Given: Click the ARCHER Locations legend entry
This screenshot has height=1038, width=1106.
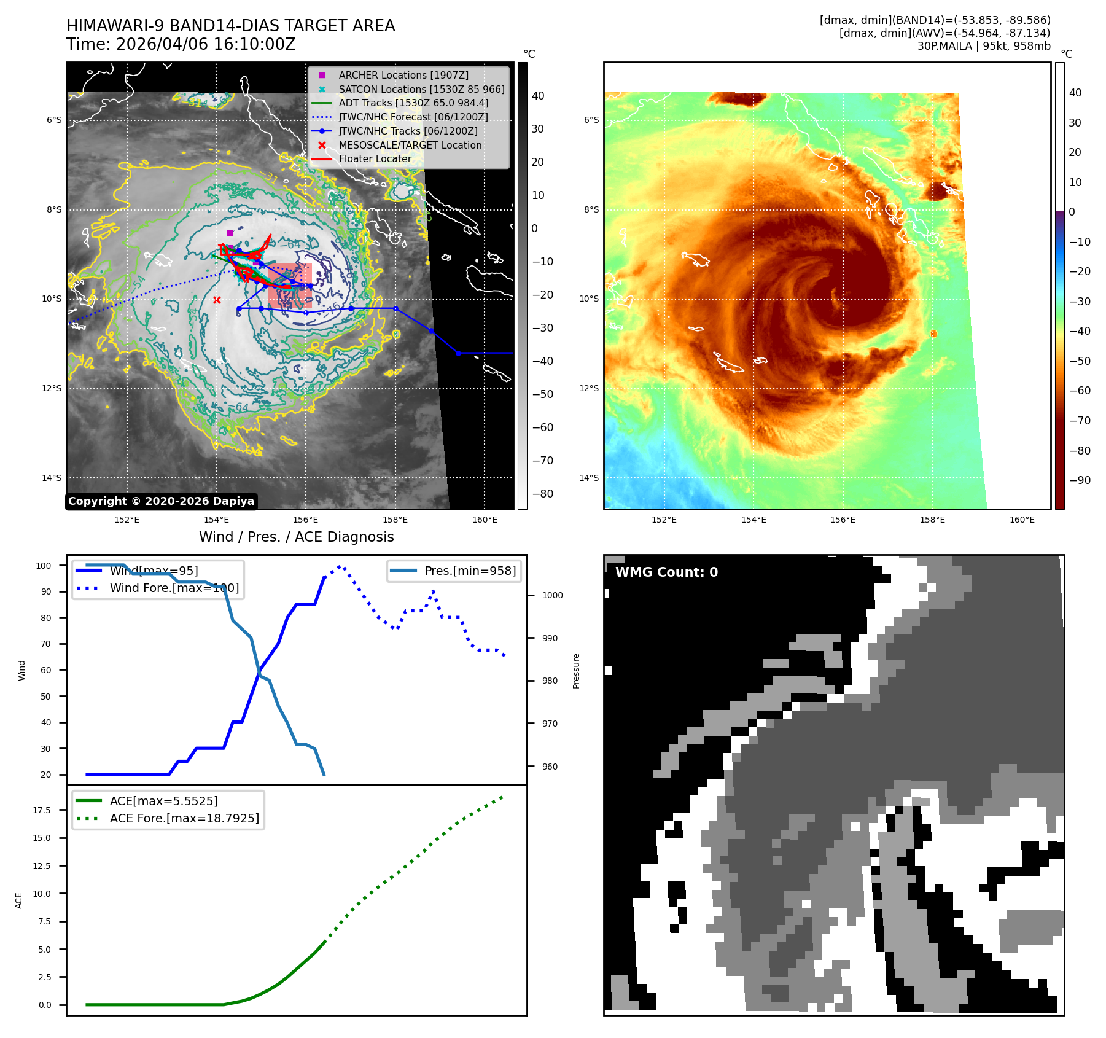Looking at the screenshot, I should click(x=403, y=75).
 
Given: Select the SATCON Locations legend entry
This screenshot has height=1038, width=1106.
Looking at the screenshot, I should click(x=421, y=89).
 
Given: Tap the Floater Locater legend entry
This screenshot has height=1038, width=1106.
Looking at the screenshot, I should click(x=375, y=158).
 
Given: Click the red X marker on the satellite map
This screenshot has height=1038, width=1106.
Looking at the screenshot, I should click(x=217, y=300).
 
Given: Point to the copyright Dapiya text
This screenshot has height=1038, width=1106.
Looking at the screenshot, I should click(x=161, y=501).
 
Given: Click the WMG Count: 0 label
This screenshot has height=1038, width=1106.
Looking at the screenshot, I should click(x=666, y=572).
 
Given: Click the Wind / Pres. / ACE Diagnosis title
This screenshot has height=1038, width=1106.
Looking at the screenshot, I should click(x=296, y=537).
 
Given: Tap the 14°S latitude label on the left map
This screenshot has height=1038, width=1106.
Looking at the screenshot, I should click(x=52, y=478).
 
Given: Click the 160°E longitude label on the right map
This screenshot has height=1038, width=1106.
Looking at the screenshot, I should click(x=1022, y=520).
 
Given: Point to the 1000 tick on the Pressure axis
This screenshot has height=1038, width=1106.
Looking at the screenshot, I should click(x=552, y=595).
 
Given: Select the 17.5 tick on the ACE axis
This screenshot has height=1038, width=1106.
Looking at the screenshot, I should click(x=42, y=810).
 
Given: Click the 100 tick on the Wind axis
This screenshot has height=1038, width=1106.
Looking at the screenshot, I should click(x=44, y=566).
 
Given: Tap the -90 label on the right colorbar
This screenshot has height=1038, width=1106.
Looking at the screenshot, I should click(x=1080, y=480).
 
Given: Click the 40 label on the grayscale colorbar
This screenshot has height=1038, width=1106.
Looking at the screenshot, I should click(x=538, y=96).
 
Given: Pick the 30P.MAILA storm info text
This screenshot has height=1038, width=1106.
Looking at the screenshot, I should click(x=983, y=46).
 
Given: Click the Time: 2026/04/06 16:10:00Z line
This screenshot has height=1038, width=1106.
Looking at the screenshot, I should click(x=181, y=44).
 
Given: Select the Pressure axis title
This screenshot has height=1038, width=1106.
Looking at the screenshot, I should click(x=576, y=671).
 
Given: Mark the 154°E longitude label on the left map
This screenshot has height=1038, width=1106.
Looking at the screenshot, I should click(x=216, y=520).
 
